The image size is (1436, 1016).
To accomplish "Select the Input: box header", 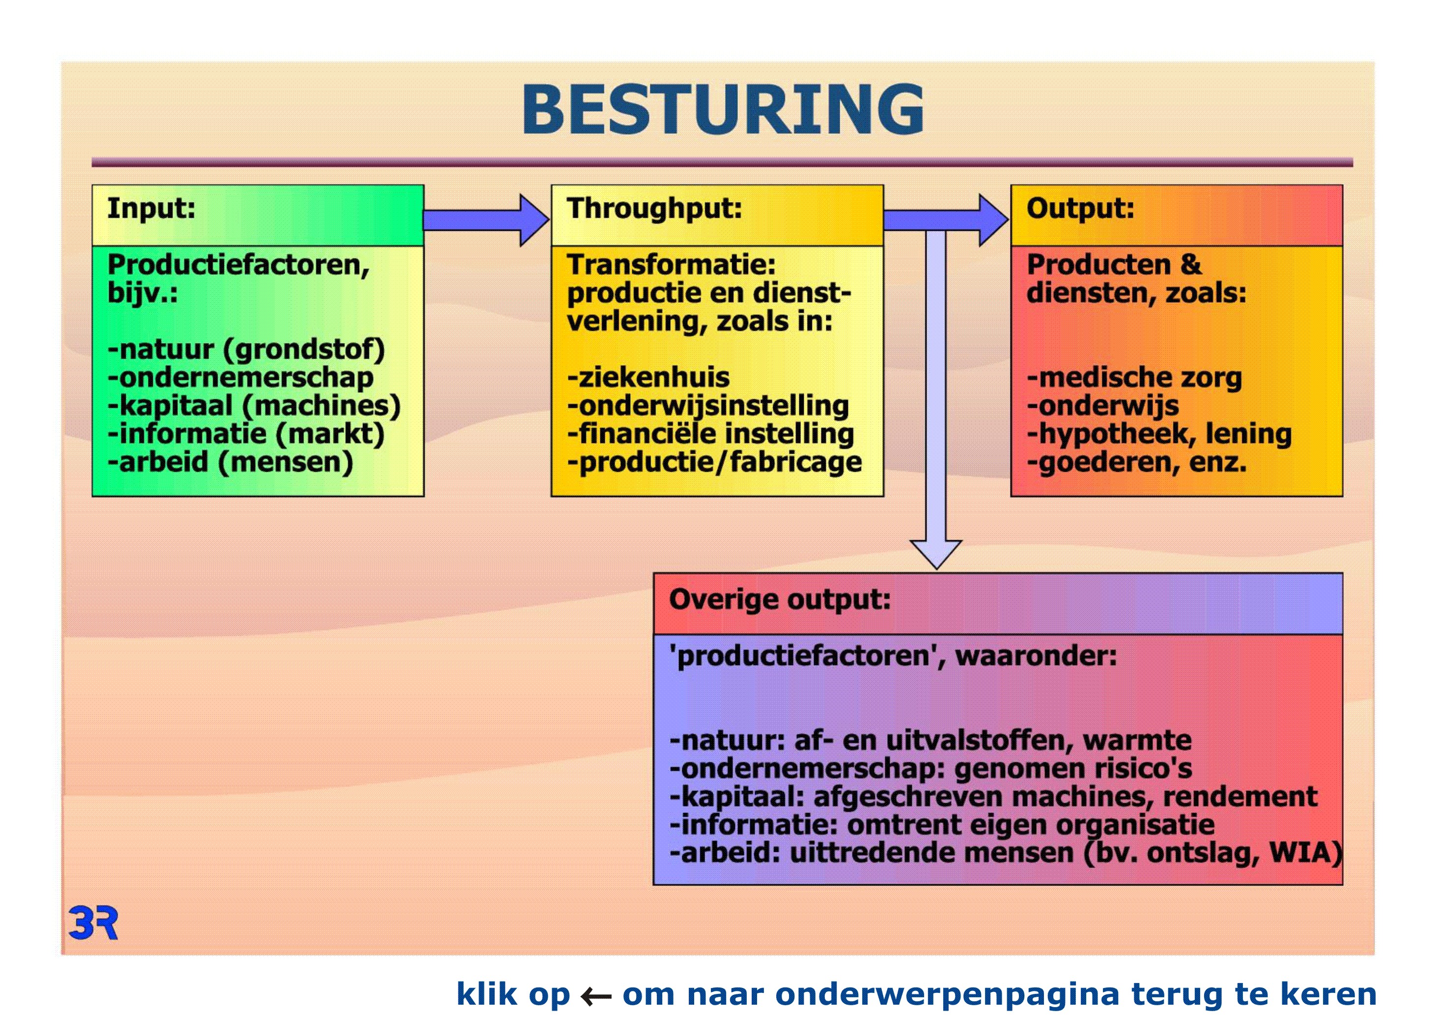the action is [x=258, y=215].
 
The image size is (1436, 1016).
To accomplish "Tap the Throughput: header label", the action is [x=654, y=208].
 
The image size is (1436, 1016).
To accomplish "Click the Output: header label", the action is [x=1080, y=208].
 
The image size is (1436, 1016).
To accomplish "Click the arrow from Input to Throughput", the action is [x=486, y=220].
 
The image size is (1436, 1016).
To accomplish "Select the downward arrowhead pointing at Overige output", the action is [x=936, y=553].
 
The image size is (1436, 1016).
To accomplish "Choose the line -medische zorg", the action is [x=1134, y=378].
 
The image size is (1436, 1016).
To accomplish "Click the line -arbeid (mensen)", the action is [x=230, y=463].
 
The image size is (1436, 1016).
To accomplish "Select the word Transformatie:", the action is [x=671, y=264].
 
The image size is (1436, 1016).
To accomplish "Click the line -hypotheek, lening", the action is [x=1159, y=434].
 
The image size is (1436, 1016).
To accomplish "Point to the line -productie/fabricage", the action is [x=714, y=463].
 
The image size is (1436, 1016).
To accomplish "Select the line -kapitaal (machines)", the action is [x=254, y=406].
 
